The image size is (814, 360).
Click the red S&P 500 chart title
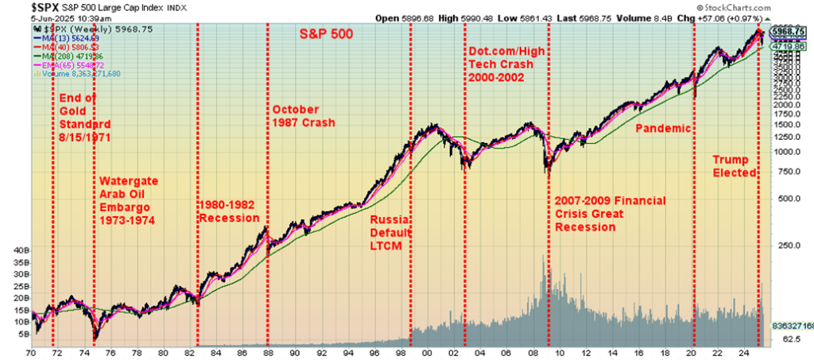pyautogui.click(x=325, y=34)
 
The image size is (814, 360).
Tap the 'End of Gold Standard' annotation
pyautogui.click(x=84, y=118)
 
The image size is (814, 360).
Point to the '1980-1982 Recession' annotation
pyautogui.click(x=228, y=211)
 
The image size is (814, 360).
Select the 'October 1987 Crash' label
pyautogui.click(x=303, y=116)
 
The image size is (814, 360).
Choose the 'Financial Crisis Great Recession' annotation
pyautogui.click(x=609, y=214)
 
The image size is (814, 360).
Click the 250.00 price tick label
pyautogui.click(x=788, y=246)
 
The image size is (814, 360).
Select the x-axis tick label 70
pyautogui.click(x=33, y=351)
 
